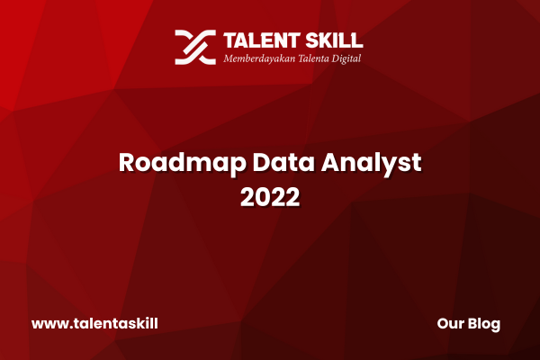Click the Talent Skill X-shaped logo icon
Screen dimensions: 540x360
click(195, 47)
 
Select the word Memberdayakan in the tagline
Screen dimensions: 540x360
click(259, 58)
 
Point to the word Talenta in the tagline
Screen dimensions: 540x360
click(313, 58)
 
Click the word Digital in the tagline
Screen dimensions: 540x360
click(346, 58)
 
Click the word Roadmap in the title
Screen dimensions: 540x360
click(182, 163)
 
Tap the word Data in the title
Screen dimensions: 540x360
click(283, 162)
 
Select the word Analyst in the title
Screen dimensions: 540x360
click(371, 163)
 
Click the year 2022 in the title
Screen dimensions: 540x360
click(270, 197)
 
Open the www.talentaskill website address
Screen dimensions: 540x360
click(94, 323)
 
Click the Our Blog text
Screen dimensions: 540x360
click(468, 324)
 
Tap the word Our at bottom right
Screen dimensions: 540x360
click(450, 324)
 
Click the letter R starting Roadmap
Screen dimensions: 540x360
click(126, 162)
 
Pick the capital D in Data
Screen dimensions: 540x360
click(261, 162)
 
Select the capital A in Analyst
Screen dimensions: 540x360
click(331, 162)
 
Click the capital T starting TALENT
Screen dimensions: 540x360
click(229, 40)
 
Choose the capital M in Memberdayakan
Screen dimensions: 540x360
click(229, 58)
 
